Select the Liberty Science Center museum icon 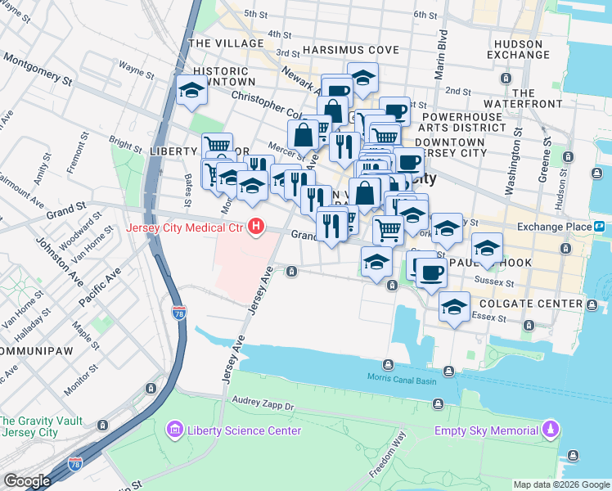174,430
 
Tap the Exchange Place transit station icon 599,227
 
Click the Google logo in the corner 27,481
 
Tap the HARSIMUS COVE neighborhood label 350,50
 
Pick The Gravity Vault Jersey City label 41,426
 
